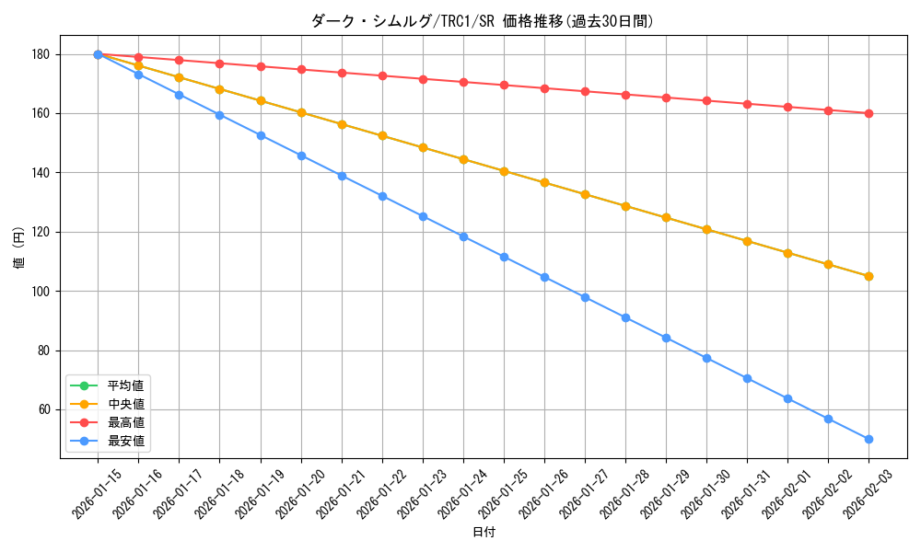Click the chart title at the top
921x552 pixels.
pyautogui.click(x=484, y=21)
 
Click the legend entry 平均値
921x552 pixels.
pyautogui.click(x=125, y=385)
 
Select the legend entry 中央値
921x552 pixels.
pyautogui.click(x=125, y=404)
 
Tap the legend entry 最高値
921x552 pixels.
pyautogui.click(x=125, y=422)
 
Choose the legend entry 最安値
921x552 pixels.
pyautogui.click(x=125, y=442)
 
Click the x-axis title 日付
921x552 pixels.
pyautogui.click(x=484, y=533)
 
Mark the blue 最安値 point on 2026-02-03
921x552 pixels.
pyautogui.click(x=869, y=439)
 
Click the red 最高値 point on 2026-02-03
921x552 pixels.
pyautogui.click(x=869, y=113)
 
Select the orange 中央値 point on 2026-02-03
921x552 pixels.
pyautogui.click(x=869, y=276)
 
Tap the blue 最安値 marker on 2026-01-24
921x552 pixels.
pyautogui.click(x=463, y=236)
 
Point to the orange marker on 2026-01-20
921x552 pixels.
pyautogui.click(x=301, y=112)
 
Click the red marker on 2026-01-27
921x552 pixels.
pyautogui.click(x=585, y=91)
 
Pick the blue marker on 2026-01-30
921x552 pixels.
pyautogui.click(x=706, y=358)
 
